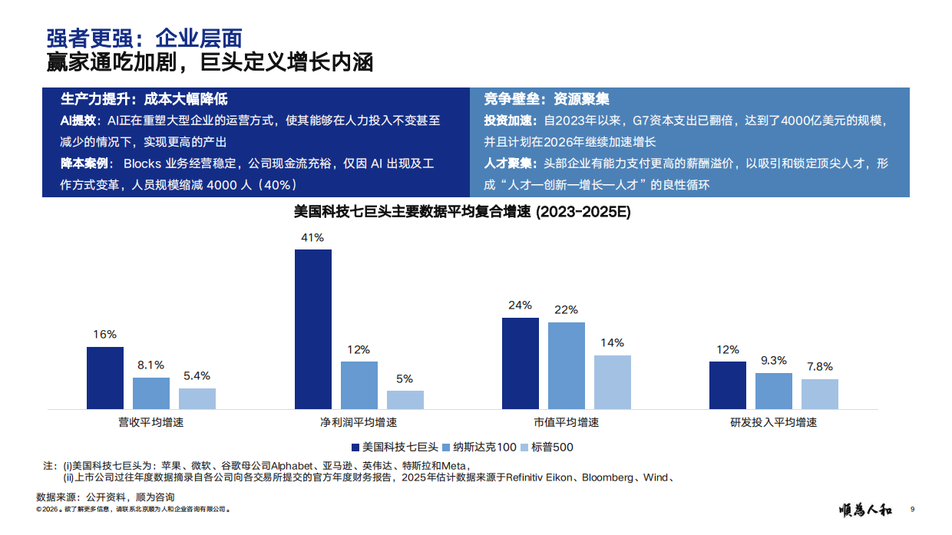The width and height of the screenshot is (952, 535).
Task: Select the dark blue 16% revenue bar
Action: pos(105,378)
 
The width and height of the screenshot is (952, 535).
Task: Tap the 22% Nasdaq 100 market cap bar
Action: pos(567,365)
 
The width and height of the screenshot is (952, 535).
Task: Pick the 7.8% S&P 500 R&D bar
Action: pos(820,394)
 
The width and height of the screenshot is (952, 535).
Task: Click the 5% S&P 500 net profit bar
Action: pos(405,399)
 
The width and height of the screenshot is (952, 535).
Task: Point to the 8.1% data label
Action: pos(151,365)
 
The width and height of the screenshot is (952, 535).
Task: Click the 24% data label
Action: pos(520,305)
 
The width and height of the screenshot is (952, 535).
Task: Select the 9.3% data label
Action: pos(773,361)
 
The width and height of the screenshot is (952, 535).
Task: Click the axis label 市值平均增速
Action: pos(567,423)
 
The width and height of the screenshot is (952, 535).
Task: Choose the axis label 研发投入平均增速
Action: pos(773,423)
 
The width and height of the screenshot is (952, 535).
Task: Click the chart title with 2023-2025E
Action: pos(462,213)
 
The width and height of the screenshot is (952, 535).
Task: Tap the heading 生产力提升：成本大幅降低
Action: pos(144,99)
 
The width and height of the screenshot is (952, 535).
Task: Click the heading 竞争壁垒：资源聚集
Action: pos(547,99)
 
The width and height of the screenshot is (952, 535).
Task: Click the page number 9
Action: pos(912,509)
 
